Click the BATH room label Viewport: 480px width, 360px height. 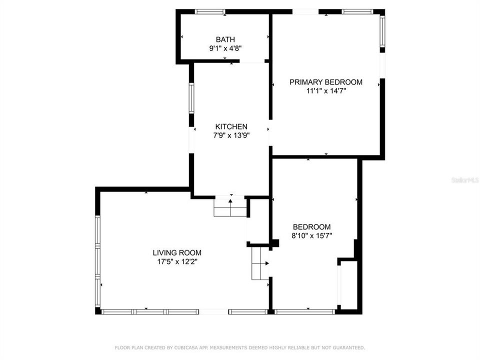(x=225, y=39)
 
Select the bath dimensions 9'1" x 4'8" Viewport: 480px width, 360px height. (x=225, y=48)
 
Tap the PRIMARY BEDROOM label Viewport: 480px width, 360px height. (x=326, y=82)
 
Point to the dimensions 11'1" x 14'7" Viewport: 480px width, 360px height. (x=326, y=91)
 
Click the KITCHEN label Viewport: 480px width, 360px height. (x=231, y=126)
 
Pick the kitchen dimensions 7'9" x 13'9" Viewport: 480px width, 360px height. (x=231, y=135)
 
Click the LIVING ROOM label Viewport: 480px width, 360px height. (x=177, y=252)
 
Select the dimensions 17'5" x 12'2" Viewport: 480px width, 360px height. (x=177, y=261)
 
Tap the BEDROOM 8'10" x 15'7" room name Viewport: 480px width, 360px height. (x=311, y=226)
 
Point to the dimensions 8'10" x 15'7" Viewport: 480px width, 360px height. (x=311, y=235)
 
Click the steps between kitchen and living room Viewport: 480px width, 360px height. (x=230, y=206)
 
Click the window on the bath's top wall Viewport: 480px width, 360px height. (x=209, y=11)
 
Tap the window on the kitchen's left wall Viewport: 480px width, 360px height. (x=191, y=98)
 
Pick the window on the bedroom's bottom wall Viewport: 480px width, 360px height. (x=304, y=312)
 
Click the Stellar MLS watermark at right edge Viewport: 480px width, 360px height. (x=465, y=179)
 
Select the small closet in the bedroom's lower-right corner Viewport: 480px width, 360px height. (x=348, y=285)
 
